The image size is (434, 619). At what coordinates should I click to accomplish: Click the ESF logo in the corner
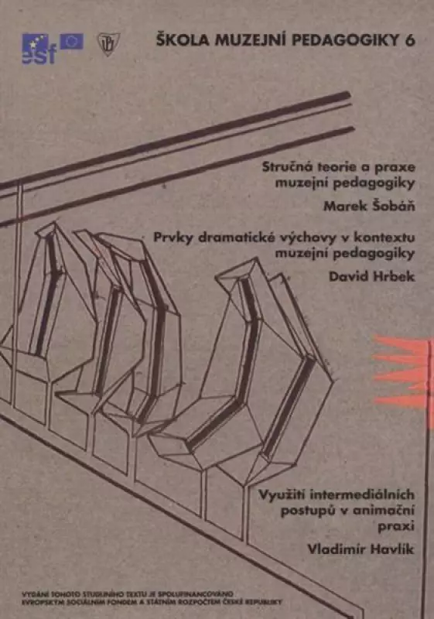tap(39, 49)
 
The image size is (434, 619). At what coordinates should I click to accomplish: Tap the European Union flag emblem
tap(71, 42)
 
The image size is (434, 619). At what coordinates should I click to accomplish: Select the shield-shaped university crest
tap(108, 44)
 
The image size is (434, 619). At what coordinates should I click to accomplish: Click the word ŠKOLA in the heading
tap(179, 40)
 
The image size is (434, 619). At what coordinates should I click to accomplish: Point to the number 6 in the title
tap(410, 40)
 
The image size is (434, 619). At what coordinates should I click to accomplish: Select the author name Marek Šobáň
tap(369, 205)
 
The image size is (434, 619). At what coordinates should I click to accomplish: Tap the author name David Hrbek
tap(371, 276)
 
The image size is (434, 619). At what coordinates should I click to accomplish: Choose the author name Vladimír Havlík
tap(361, 549)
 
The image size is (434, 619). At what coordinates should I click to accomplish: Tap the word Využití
tap(282, 494)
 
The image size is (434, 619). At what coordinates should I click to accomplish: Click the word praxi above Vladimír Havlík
tap(396, 526)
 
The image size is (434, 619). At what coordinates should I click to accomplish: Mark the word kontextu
tap(384, 238)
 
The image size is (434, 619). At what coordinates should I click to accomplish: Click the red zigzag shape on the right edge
tap(402, 372)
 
